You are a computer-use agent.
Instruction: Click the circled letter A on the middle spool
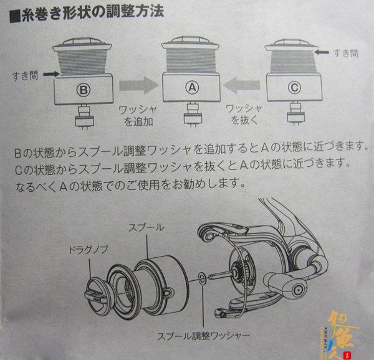tap(192, 88)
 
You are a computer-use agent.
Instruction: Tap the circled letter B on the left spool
tap(84, 90)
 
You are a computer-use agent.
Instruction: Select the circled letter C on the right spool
tap(294, 88)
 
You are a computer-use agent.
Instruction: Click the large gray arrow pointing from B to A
tap(139, 85)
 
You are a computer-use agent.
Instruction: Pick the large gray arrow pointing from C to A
tap(242, 85)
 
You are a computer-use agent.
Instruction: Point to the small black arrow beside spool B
tap(51, 74)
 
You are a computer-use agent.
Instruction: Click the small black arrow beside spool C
tap(322, 52)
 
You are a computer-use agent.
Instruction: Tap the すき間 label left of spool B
tap(26, 75)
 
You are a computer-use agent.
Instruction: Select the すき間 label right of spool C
tap(345, 53)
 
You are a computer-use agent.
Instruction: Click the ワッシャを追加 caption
tap(138, 116)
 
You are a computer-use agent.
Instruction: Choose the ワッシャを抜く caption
tap(244, 115)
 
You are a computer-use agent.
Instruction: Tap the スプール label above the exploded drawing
tap(146, 227)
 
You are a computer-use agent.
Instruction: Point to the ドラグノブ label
tap(89, 250)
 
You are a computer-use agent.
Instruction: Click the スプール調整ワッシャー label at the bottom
tap(203, 336)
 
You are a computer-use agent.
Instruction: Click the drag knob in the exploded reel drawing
tap(97, 295)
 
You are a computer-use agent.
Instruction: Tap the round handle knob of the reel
tap(298, 290)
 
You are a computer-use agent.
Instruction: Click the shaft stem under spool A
tap(192, 115)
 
